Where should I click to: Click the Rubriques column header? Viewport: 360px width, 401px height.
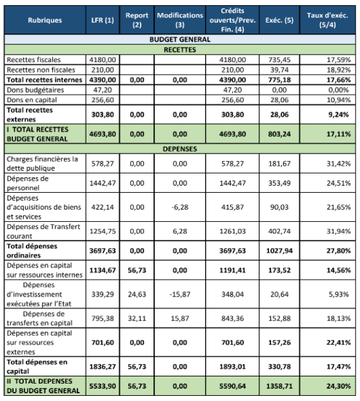tap(45, 20)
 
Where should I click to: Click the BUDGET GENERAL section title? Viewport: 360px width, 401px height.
tap(180, 39)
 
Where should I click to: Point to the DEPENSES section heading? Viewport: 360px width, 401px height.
tap(180, 148)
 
